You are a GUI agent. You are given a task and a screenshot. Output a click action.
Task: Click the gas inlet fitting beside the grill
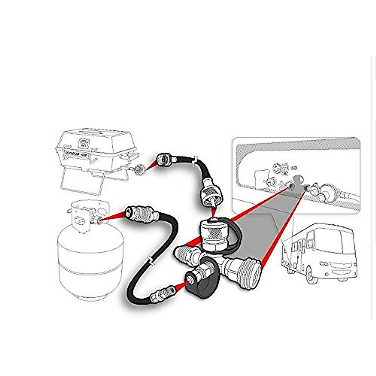coord(138,169)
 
